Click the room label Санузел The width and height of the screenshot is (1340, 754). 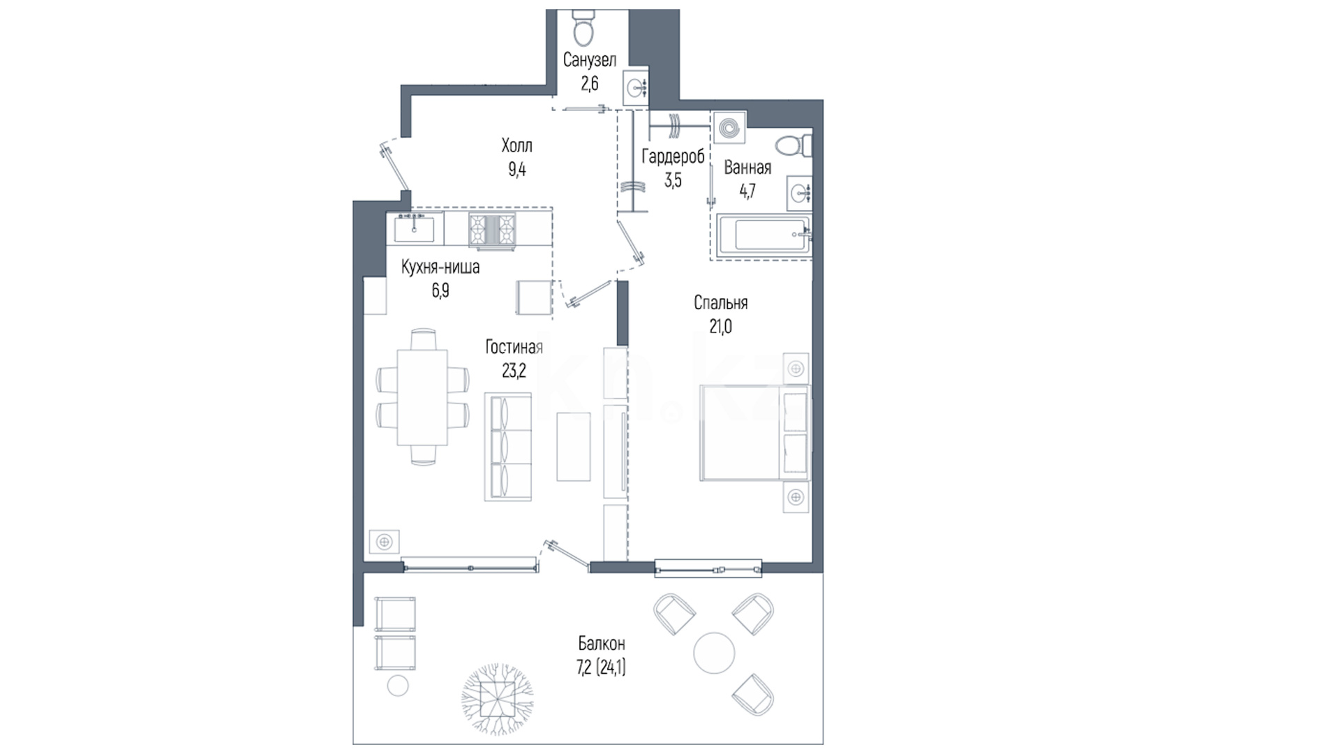pyautogui.click(x=590, y=61)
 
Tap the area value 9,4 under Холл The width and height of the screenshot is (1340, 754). pyautogui.click(x=516, y=170)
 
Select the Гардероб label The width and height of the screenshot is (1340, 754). pyautogui.click(x=673, y=157)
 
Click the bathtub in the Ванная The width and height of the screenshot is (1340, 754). pyautogui.click(x=762, y=237)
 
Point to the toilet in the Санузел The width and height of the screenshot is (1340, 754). pyautogui.click(x=582, y=26)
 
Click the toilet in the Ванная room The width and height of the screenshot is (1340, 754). pyautogui.click(x=794, y=147)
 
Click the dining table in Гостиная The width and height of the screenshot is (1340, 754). pyautogui.click(x=422, y=397)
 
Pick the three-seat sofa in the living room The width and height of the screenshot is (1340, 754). pyautogui.click(x=508, y=446)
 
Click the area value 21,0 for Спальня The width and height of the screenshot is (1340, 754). pyautogui.click(x=721, y=327)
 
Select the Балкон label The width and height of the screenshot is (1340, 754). pyautogui.click(x=601, y=643)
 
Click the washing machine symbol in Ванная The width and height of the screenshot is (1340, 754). pyautogui.click(x=729, y=128)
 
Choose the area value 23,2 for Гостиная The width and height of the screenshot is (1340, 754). pyautogui.click(x=514, y=371)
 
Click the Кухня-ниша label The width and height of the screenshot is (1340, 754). pyautogui.click(x=440, y=267)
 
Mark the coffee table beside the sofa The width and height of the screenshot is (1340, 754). pyautogui.click(x=574, y=447)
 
